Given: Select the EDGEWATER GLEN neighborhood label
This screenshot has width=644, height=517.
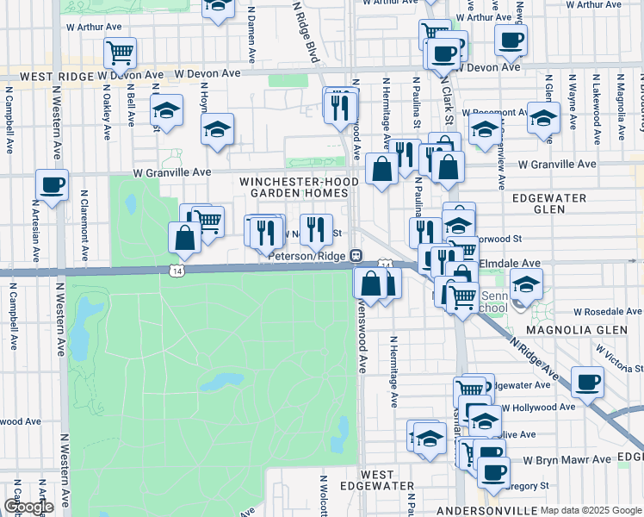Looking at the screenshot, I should (x=549, y=203).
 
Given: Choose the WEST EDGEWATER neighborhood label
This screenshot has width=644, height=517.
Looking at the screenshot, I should (x=377, y=480).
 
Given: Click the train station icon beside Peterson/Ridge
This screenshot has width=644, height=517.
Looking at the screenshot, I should (x=355, y=256).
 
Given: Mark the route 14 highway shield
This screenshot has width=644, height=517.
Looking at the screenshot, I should (x=176, y=271).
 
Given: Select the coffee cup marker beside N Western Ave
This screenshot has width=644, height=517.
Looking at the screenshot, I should (x=53, y=184).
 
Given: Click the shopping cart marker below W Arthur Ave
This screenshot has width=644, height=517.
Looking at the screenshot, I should (x=120, y=53).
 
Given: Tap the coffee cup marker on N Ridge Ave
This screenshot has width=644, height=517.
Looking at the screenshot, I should (x=589, y=382).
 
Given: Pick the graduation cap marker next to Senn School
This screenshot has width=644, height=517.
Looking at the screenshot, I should (x=526, y=283).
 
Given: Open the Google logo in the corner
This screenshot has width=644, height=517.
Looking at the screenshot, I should (x=28, y=506).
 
